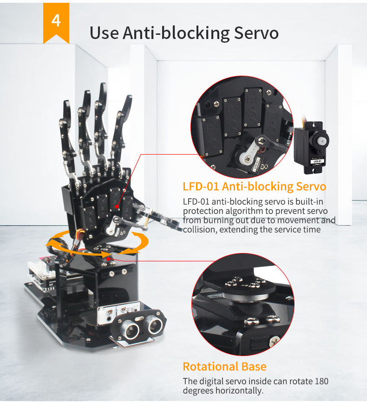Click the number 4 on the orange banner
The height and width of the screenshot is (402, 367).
coord(56,20)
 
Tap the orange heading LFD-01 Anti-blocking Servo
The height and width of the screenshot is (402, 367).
coord(254,187)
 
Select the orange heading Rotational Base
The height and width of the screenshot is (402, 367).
coord(224,366)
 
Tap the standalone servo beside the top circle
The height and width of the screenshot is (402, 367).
coord(311,147)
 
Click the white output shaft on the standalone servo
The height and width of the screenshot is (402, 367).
coord(321,141)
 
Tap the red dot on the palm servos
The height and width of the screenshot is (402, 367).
coord(117,207)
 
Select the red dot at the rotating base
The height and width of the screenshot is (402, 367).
coord(109,259)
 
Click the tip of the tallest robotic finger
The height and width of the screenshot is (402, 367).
coord(104,84)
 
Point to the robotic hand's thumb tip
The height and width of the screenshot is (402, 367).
coord(179,227)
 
